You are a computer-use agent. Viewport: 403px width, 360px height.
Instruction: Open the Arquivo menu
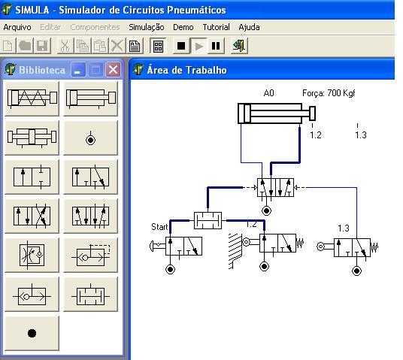tap(17, 27)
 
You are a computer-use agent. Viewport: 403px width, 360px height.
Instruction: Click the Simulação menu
tap(147, 27)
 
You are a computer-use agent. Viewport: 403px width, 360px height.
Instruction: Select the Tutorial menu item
tap(216, 27)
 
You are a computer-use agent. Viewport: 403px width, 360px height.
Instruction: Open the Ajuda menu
tap(249, 27)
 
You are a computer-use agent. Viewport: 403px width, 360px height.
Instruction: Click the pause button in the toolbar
tap(216, 46)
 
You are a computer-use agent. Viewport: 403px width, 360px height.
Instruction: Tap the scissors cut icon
tap(65, 46)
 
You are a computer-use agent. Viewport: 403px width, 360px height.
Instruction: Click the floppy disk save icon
tap(42, 46)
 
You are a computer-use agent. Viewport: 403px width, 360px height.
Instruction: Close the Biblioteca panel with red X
tap(113, 70)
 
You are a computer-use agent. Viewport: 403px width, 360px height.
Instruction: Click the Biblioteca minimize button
tap(78, 70)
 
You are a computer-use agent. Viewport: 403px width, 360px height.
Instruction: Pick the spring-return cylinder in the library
tap(32, 98)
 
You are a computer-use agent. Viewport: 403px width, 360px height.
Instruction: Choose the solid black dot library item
tap(32, 333)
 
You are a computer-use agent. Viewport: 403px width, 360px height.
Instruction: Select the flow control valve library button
tap(32, 255)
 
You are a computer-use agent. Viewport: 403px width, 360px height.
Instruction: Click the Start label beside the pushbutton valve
tap(159, 227)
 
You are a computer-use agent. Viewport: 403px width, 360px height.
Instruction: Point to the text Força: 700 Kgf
tap(329, 93)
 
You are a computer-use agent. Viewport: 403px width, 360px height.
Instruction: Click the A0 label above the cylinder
tap(269, 93)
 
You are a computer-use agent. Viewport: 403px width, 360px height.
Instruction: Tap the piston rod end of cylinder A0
tap(312, 113)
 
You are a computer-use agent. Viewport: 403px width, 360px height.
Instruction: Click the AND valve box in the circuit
tap(208, 220)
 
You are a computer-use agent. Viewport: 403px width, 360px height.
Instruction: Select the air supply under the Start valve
tap(170, 270)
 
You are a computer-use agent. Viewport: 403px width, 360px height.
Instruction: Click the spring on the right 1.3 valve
tap(374, 248)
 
